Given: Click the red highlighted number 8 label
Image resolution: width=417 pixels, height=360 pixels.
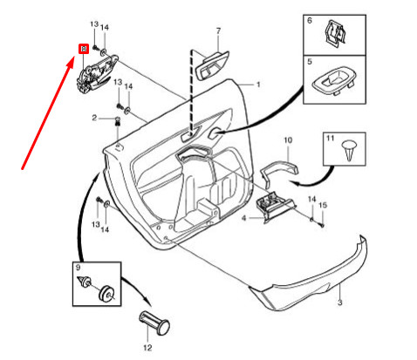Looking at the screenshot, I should [x=83, y=50].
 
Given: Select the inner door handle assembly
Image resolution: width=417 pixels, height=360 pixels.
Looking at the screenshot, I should [x=95, y=75].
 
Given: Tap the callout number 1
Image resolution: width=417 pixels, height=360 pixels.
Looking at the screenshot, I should [x=258, y=85].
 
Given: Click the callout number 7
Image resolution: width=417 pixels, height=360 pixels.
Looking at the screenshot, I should [x=218, y=32].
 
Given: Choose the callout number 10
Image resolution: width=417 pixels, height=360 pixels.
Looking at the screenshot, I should [x=289, y=139].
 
